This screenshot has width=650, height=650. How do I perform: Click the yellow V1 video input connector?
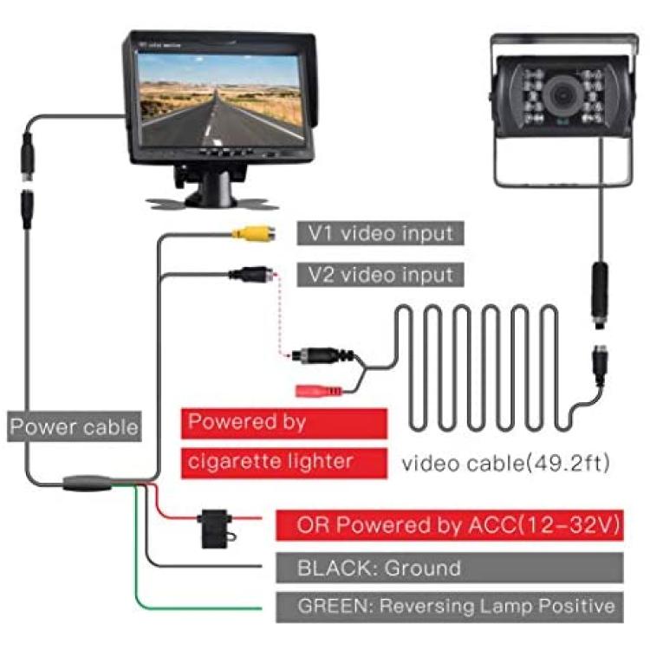click(253, 234)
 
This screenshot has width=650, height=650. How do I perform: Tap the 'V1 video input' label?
click(380, 233)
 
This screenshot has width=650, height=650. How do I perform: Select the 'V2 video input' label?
click(380, 275)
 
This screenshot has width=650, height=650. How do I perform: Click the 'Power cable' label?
click(75, 426)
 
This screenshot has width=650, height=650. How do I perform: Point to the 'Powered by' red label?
click(284, 423)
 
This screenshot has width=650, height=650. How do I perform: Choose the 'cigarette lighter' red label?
click(284, 463)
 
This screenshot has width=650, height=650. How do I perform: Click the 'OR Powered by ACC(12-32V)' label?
click(450, 525)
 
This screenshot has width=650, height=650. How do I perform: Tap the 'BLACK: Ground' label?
click(450, 568)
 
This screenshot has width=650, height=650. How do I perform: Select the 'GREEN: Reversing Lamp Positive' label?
click(450, 607)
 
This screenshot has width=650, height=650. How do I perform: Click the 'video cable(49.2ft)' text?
click(506, 463)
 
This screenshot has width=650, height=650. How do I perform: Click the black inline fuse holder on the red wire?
click(216, 528)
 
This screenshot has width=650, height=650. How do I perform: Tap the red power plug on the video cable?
click(318, 391)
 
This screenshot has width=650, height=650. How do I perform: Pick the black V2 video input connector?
click(250, 274)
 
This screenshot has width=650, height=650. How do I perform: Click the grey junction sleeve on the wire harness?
click(88, 483)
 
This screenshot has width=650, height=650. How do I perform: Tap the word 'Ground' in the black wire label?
click(422, 568)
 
